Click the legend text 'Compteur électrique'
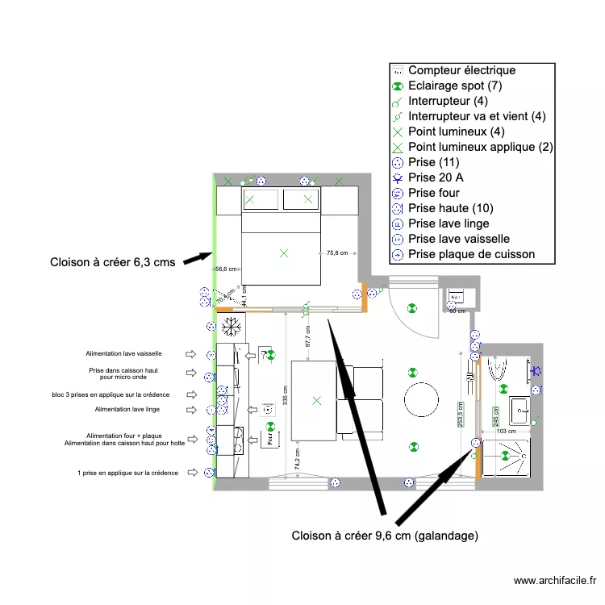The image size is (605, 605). tap(461, 71)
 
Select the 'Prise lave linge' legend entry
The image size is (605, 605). tap(449, 224)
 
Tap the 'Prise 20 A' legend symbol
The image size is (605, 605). tap(397, 178)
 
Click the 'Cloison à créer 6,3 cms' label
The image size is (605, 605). tap(112, 262)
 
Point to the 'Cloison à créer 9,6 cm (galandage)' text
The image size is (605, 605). tap(385, 536)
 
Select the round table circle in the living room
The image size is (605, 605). tap(420, 399)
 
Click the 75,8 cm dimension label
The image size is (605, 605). tap(337, 253)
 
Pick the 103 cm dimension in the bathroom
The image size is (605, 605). tap(506, 432)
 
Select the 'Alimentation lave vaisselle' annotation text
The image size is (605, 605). tap(124, 353)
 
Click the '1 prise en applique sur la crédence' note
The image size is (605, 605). tap(127, 473)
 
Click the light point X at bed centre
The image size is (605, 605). tap(283, 253)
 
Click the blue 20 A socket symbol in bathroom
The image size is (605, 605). tap(535, 371)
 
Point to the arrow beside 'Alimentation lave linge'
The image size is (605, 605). tap(191, 410)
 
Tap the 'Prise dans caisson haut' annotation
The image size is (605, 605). tap(130, 372)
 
